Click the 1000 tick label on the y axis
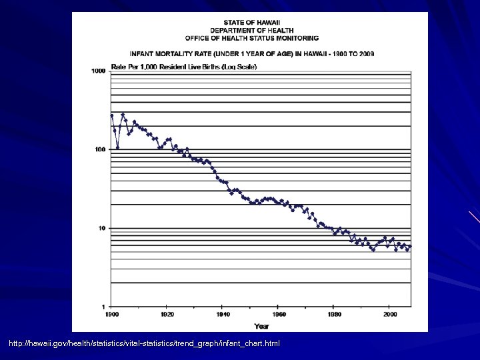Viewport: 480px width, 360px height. point(99,71)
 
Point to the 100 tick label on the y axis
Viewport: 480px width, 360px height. point(100,149)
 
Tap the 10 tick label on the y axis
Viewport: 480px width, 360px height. point(102,228)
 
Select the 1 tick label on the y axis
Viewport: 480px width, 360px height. point(104,307)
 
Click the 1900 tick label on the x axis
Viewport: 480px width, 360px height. point(111,314)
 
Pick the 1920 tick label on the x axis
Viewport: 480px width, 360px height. point(167,314)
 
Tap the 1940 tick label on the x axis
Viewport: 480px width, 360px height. point(223,314)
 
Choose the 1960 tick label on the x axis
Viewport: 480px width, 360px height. point(279,314)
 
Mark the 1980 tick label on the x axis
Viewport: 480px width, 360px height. point(335,314)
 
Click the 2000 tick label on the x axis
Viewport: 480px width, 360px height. point(391,314)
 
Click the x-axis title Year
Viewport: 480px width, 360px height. point(261,325)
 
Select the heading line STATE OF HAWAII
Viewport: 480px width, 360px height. point(261,23)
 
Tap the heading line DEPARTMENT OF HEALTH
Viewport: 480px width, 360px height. point(261,31)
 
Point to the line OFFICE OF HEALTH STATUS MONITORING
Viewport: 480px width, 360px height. point(261,38)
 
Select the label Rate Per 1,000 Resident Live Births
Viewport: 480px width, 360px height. point(184,66)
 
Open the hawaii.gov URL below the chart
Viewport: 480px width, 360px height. point(145,343)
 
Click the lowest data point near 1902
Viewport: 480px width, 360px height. point(117,148)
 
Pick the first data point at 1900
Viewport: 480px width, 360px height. point(112,115)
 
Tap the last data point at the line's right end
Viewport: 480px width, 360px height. point(410,247)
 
